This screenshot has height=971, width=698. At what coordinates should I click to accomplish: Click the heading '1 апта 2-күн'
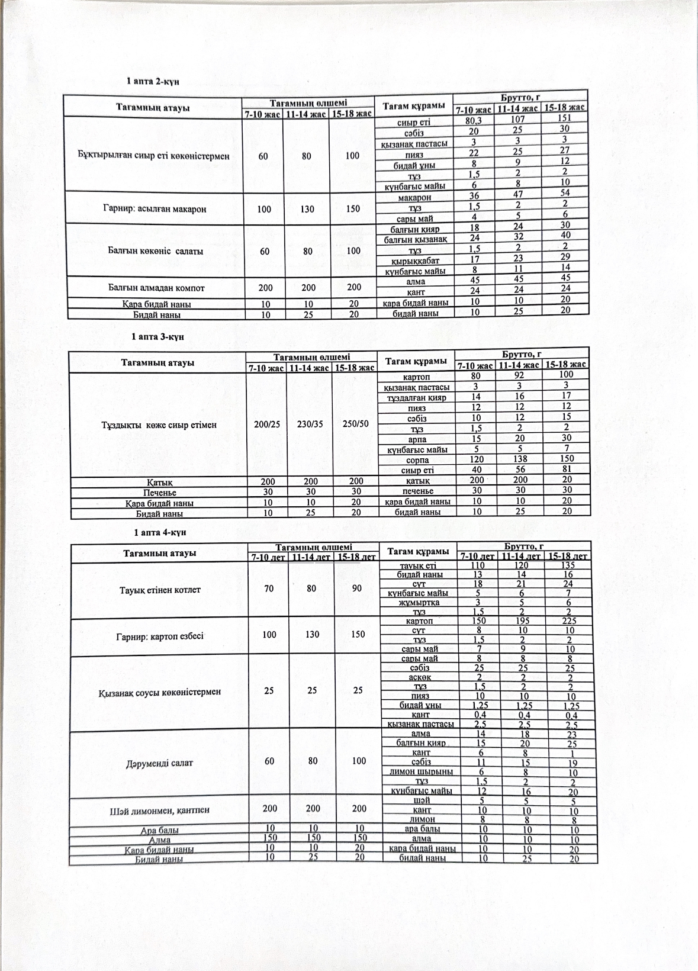pyautogui.click(x=153, y=81)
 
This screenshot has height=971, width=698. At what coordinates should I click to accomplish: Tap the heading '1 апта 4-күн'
pyautogui.click(x=160, y=532)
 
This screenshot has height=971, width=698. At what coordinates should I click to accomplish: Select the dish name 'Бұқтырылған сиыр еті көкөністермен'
pyautogui.click(x=154, y=156)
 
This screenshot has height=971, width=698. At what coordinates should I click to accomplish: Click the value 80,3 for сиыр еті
pyautogui.click(x=475, y=121)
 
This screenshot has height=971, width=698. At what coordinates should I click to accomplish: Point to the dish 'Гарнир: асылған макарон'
pyautogui.click(x=155, y=209)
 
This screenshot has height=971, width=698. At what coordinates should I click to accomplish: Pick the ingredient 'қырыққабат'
pyautogui.click(x=416, y=261)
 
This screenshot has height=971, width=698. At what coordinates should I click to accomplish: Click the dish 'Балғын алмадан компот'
pyautogui.click(x=156, y=288)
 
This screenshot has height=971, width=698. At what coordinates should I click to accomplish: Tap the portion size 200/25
pyautogui.click(x=266, y=425)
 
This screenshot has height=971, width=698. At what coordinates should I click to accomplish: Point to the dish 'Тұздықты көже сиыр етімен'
pyautogui.click(x=159, y=425)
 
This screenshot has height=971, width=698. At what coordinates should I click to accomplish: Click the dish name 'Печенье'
pyautogui.click(x=160, y=492)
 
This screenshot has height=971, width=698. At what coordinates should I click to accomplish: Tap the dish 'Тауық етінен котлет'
pyautogui.click(x=160, y=590)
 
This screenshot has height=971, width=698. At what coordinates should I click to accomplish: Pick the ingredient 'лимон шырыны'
pyautogui.click(x=421, y=771)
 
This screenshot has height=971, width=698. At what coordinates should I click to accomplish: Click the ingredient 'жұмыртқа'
pyautogui.click(x=419, y=602)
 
